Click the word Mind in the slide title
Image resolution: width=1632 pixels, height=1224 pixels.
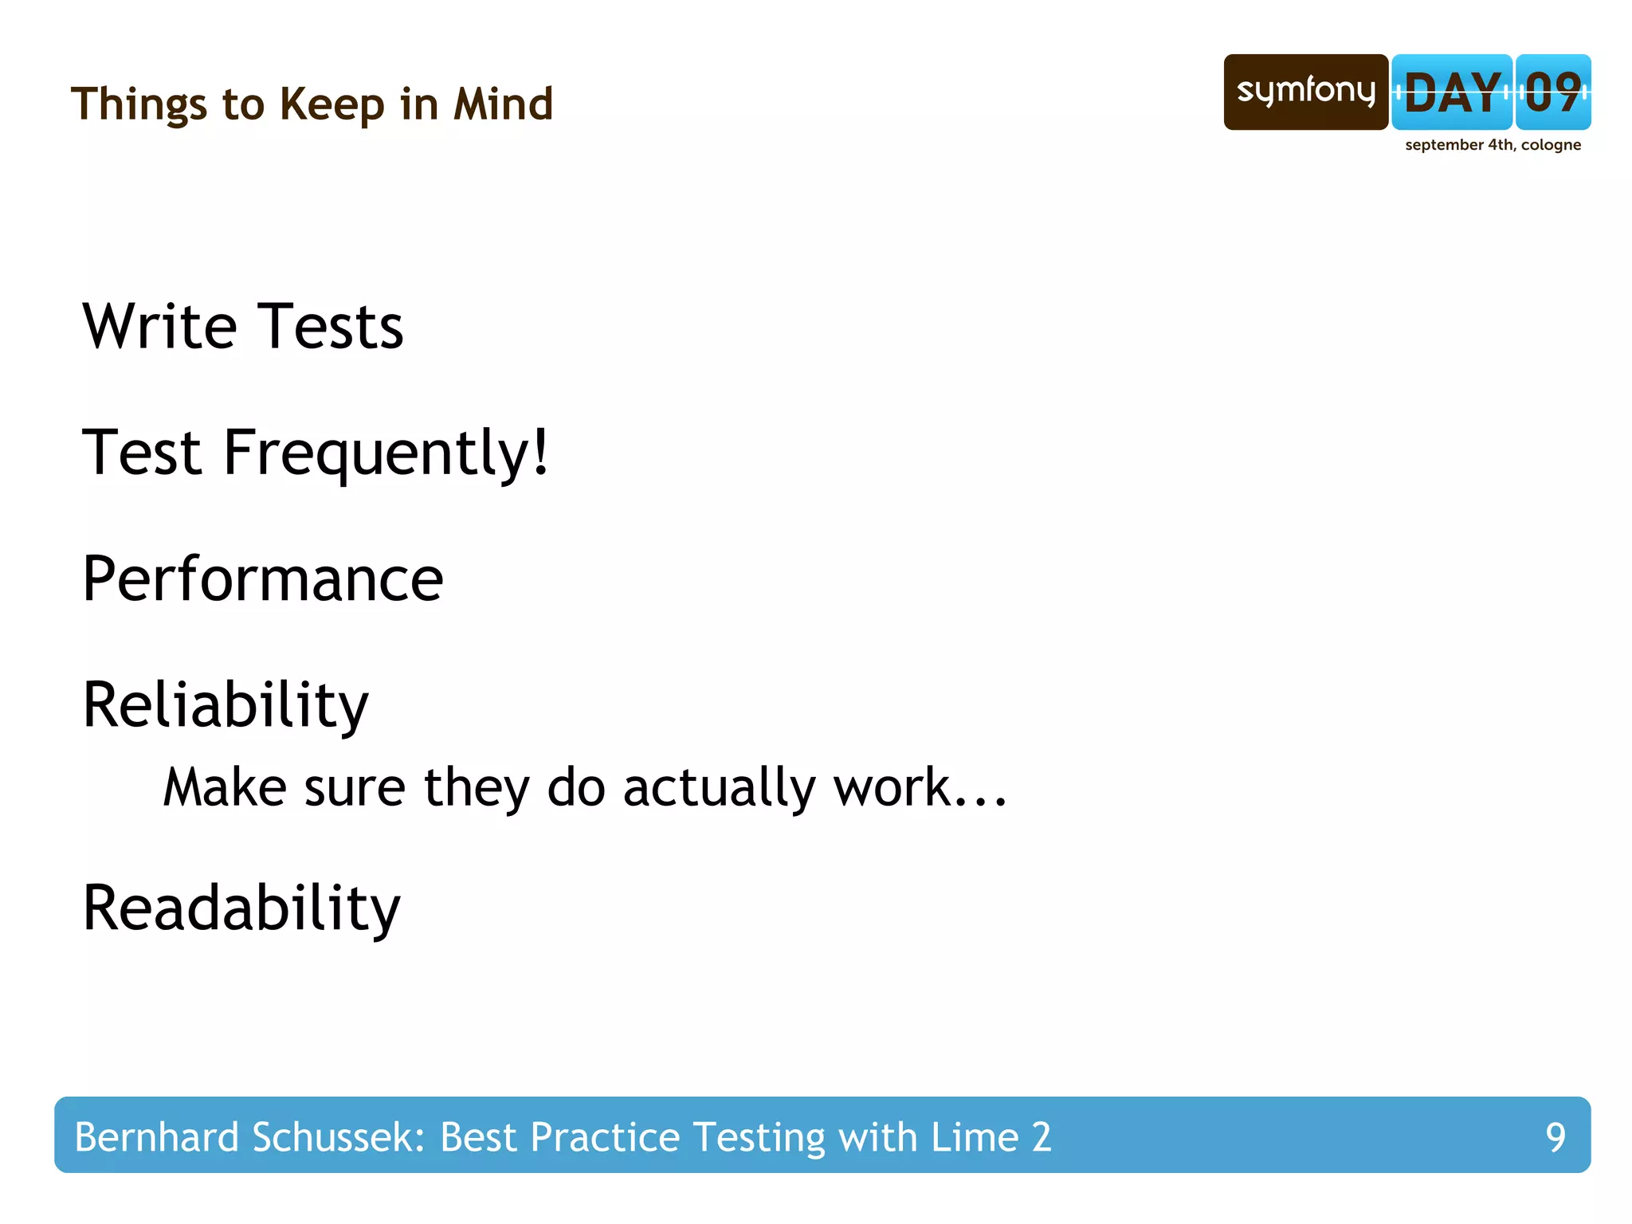tap(503, 104)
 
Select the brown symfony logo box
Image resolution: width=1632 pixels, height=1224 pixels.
tap(1305, 92)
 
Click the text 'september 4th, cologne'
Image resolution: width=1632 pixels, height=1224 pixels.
tap(1493, 145)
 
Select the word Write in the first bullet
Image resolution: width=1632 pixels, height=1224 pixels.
tap(159, 327)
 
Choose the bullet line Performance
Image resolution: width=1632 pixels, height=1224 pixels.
tap(263, 579)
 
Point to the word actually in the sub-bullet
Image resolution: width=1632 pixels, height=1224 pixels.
tap(720, 789)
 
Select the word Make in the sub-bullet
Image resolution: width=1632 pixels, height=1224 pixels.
tap(225, 789)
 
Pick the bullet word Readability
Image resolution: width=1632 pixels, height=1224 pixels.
tap(241, 909)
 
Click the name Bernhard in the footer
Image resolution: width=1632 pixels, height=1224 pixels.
tap(156, 1137)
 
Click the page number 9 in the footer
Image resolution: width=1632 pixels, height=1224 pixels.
tap(1555, 1137)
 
